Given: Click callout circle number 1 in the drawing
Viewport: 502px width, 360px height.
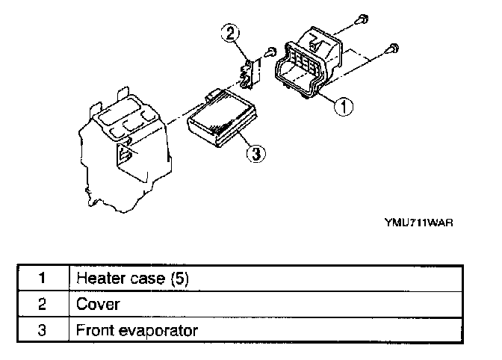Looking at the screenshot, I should pyautogui.click(x=343, y=106).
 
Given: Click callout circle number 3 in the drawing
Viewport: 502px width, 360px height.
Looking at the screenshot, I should pyautogui.click(x=255, y=153).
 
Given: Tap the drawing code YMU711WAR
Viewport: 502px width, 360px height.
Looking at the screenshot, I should pyautogui.click(x=419, y=222).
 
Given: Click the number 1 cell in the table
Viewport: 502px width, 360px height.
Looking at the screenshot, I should pyautogui.click(x=43, y=279).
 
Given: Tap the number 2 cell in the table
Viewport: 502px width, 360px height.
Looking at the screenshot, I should pyautogui.click(x=43, y=304).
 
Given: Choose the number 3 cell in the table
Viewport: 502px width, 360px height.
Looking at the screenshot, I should pyautogui.click(x=43, y=329).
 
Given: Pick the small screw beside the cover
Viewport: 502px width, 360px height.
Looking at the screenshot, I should pyautogui.click(x=271, y=51).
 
